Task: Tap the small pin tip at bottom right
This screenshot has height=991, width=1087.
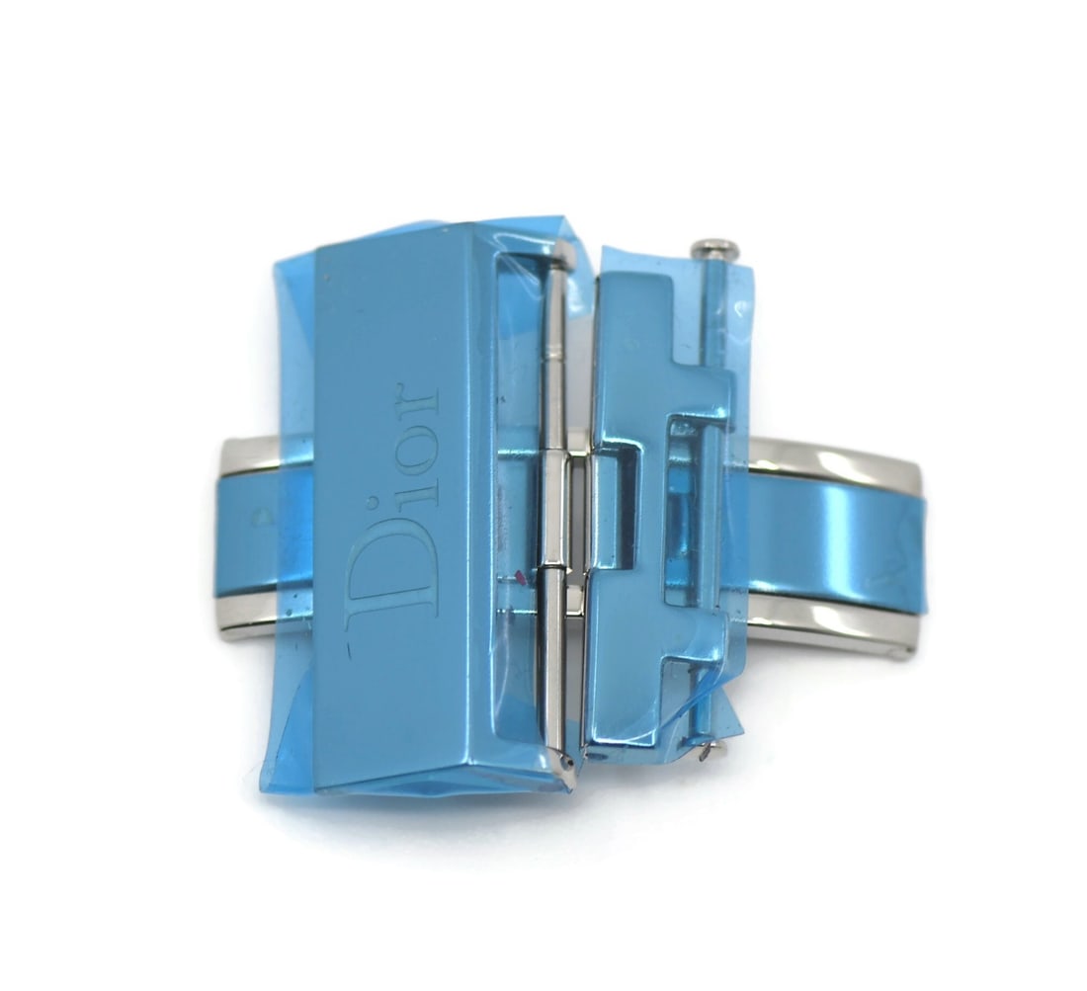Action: (710, 749)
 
